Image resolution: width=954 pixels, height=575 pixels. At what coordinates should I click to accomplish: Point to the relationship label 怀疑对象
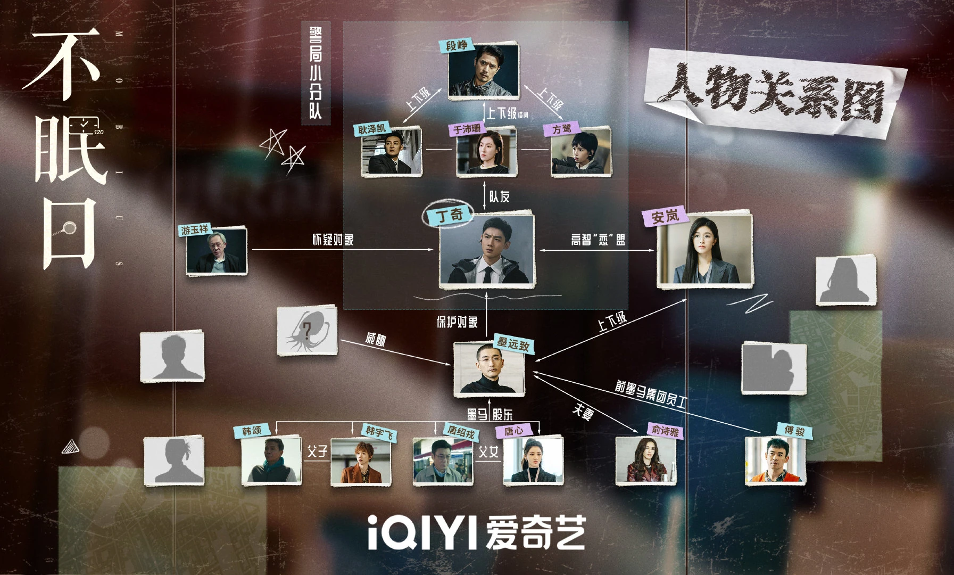pyautogui.click(x=333, y=240)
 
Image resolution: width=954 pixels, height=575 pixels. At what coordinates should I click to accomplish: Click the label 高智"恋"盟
pyautogui.click(x=598, y=240)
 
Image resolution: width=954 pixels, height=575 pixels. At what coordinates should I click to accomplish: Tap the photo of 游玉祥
pyautogui.click(x=217, y=252)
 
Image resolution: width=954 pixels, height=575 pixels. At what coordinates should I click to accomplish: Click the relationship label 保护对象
pyautogui.click(x=457, y=322)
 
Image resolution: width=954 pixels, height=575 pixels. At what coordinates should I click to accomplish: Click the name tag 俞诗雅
pyautogui.click(x=664, y=430)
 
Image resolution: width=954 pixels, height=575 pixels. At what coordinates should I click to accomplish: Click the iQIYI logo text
pyautogui.click(x=477, y=532)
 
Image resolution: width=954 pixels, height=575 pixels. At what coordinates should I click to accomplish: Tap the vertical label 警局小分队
pyautogui.click(x=315, y=72)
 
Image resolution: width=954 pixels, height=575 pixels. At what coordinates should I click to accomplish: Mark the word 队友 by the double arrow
pyautogui.click(x=499, y=197)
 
